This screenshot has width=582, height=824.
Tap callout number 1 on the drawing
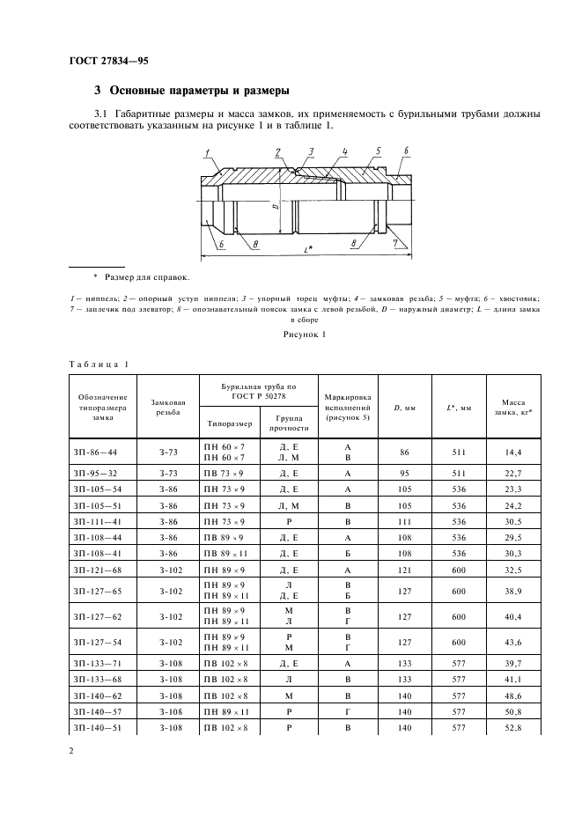208,154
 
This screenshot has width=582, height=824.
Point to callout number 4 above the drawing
344,151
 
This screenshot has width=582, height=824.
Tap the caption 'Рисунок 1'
305,335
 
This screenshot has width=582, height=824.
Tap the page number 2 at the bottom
71,751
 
